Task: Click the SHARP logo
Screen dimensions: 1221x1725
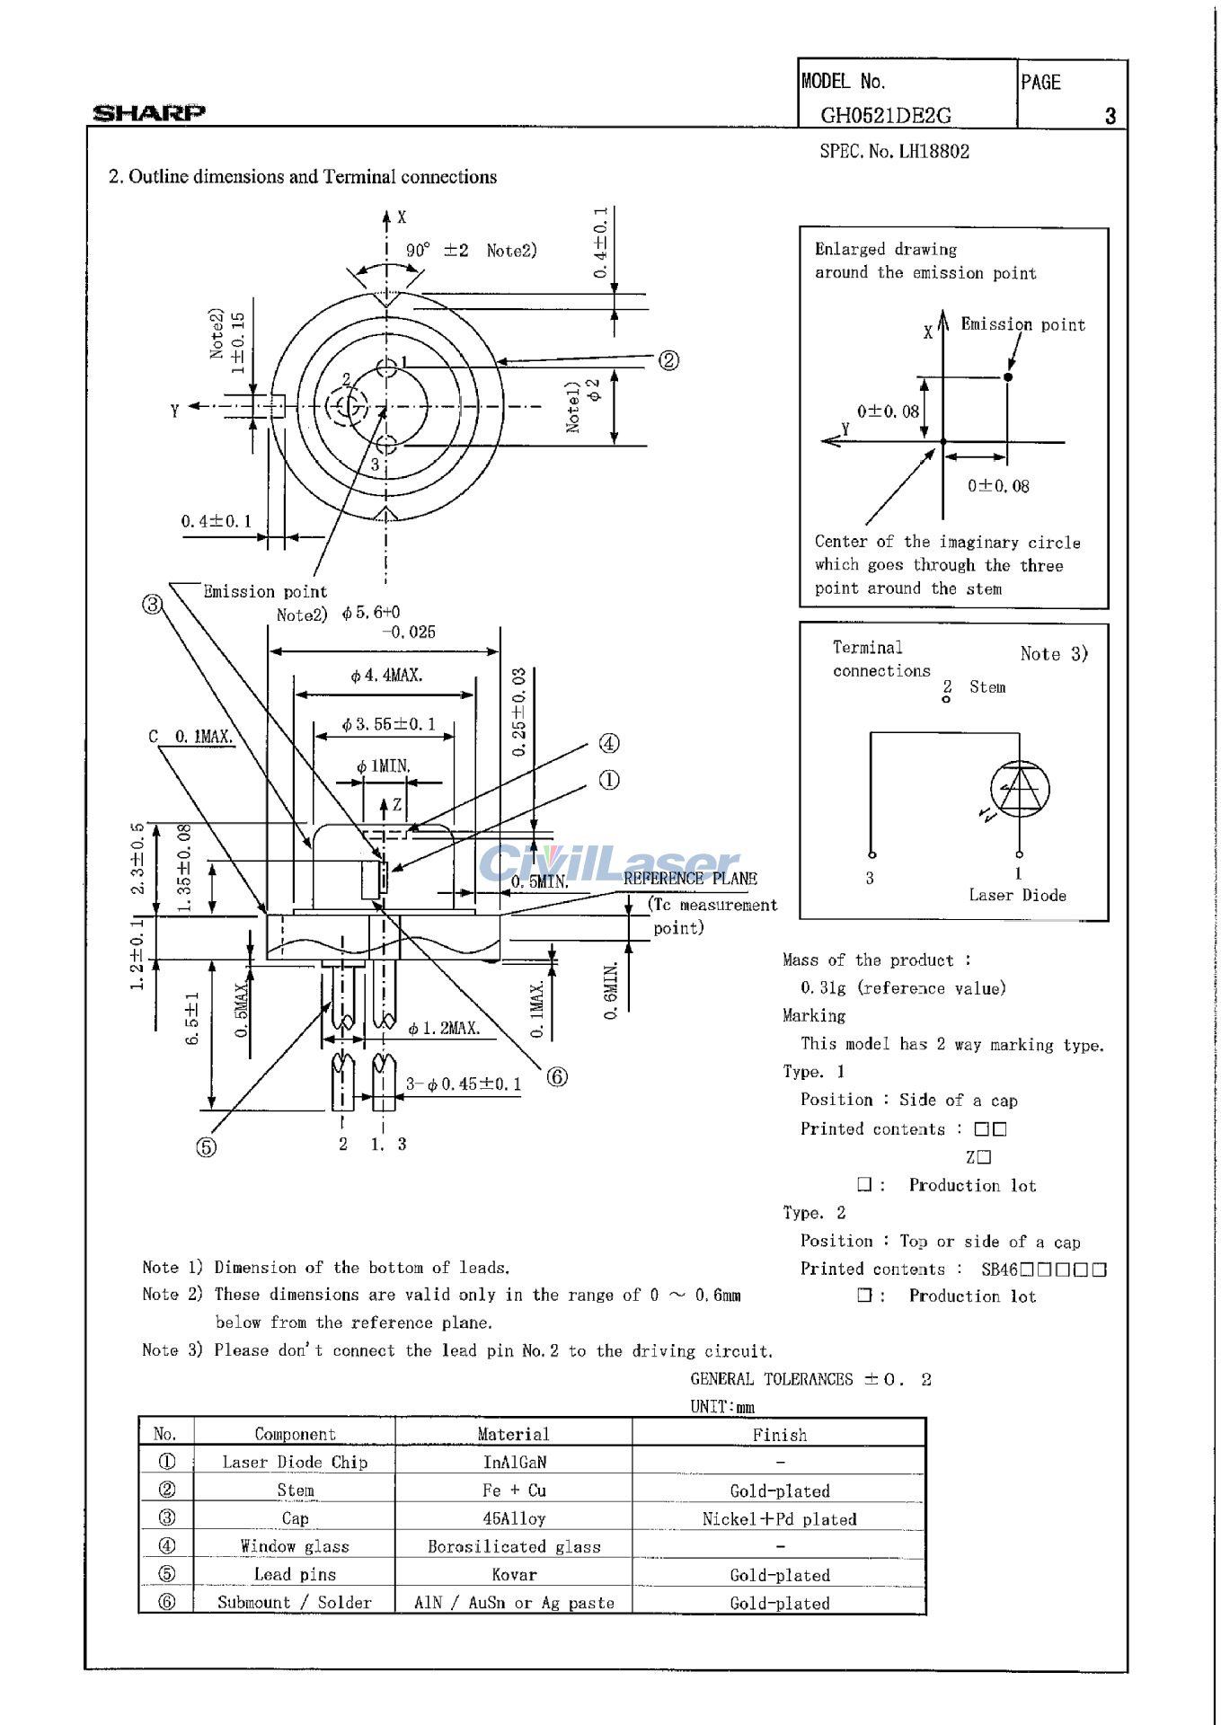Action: pos(149,112)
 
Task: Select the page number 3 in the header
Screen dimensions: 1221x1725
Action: pos(1110,116)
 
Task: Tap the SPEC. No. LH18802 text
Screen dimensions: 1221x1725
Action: pos(894,151)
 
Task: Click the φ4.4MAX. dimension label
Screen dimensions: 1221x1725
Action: pos(386,676)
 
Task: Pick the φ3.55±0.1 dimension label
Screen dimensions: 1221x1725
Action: pos(388,724)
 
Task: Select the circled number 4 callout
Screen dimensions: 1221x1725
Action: pos(609,743)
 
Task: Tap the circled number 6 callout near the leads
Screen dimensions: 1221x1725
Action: pos(557,1076)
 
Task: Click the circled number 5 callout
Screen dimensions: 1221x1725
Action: pos(206,1146)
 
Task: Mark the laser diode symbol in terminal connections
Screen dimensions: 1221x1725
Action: pos(1020,790)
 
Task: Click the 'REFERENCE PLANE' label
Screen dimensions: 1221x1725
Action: pos(690,879)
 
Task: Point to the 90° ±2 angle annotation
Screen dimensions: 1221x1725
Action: pos(438,251)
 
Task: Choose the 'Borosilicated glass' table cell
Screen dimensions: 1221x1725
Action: pos(514,1546)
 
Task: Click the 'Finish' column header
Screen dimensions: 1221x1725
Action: pos(779,1435)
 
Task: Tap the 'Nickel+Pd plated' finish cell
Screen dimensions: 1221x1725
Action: pos(779,1518)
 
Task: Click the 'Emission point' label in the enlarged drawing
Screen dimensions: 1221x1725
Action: pos(1022,324)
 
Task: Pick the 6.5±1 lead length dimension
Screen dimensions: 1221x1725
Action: pos(191,1019)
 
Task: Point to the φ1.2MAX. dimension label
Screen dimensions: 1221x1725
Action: pos(444,1029)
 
